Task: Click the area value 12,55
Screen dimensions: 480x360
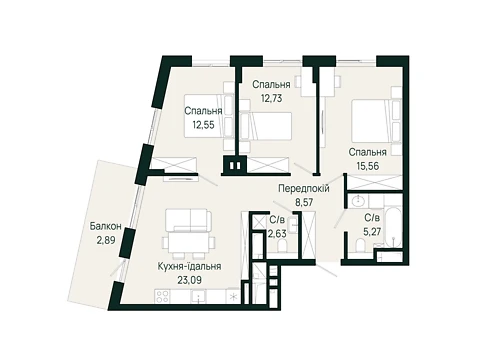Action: [x=203, y=125]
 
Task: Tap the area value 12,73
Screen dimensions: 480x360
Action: [x=271, y=99]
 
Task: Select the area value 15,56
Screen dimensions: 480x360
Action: [x=368, y=166]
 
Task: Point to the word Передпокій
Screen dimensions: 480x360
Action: [x=304, y=189]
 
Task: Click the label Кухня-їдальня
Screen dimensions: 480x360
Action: [x=190, y=267]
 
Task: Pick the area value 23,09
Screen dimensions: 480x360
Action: [x=189, y=280]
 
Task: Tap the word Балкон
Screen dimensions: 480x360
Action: [x=105, y=227]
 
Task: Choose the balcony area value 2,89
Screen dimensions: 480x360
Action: [x=106, y=240]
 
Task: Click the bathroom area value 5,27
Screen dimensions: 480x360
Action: [x=372, y=232]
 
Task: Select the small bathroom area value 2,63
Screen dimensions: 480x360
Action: [x=277, y=234]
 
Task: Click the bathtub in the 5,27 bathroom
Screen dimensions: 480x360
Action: [x=394, y=227]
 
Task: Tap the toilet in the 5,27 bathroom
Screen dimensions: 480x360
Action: [x=361, y=246]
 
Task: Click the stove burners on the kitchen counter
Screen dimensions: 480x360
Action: [x=162, y=296]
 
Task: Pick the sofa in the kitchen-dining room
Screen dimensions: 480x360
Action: [x=188, y=220]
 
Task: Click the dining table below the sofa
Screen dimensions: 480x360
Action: [x=188, y=243]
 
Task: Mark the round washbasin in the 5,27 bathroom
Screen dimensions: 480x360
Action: [x=357, y=201]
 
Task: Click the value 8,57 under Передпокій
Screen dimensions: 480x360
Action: [x=304, y=202]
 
